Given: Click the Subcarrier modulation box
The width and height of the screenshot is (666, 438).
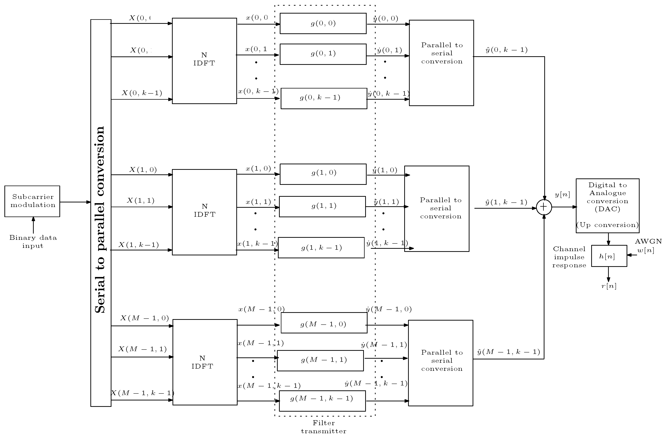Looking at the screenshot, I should pos(32,201).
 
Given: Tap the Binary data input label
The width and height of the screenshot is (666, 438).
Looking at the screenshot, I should pos(33,242).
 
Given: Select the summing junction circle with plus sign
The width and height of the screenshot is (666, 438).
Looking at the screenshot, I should pos(544,207).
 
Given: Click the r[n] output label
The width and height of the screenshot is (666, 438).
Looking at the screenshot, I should pos(609,286).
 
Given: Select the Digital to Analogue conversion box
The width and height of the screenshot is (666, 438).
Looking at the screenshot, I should pos(608,206).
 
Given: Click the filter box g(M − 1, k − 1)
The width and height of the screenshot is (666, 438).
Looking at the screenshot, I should pos(322,401).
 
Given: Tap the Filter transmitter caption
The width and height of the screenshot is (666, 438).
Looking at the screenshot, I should pos(324,427).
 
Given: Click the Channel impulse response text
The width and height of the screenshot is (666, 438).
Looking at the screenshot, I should pos(569,257).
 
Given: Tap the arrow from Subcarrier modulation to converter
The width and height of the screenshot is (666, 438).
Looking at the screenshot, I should pos(75,202).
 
